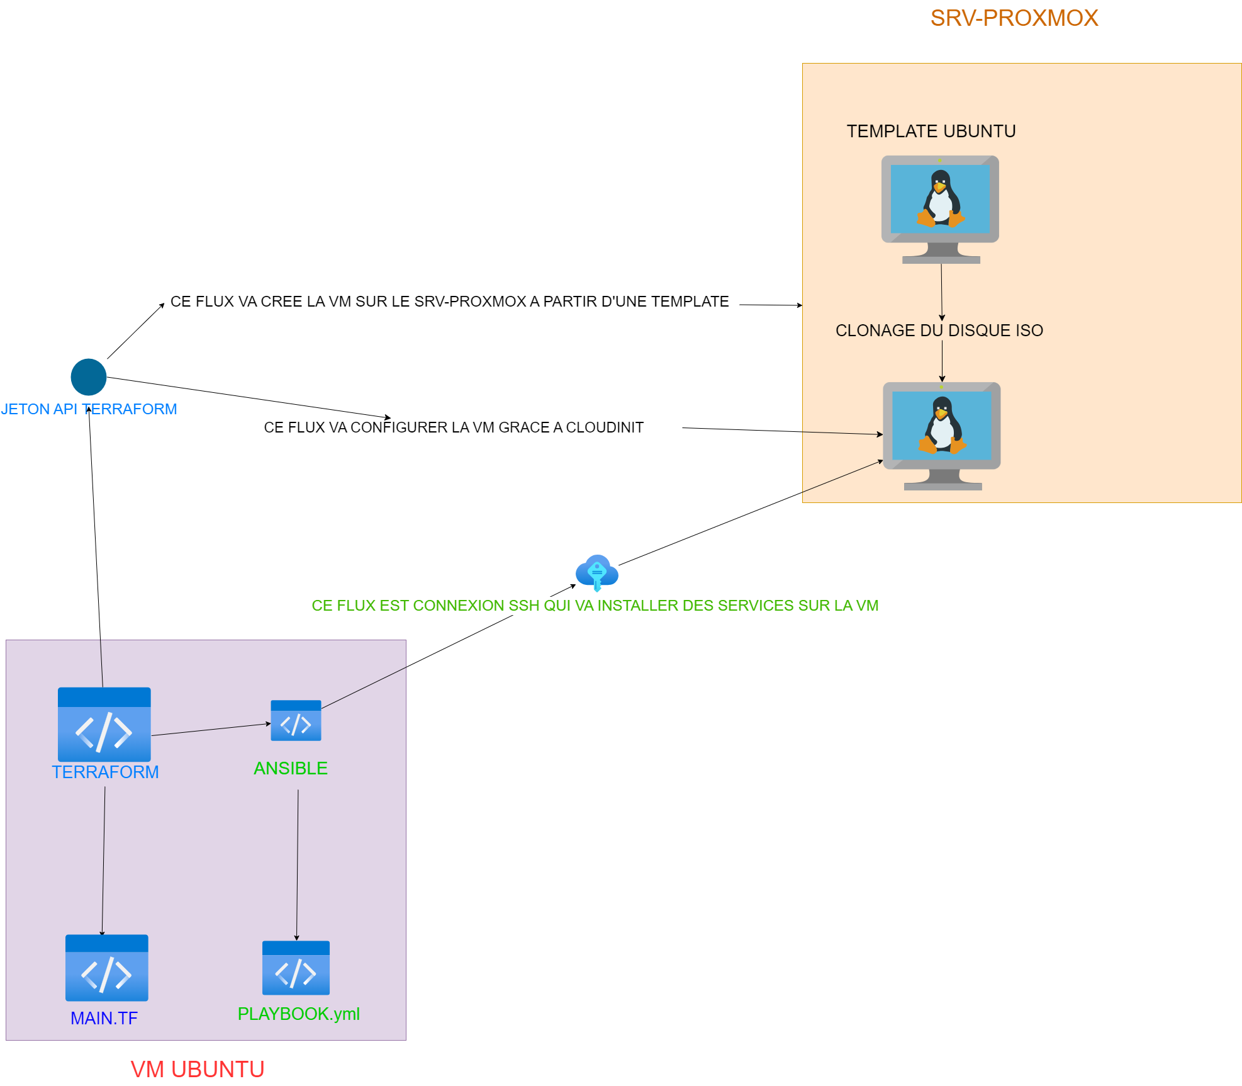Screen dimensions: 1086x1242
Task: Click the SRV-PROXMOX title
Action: click(1014, 18)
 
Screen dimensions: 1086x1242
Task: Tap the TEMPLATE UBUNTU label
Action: click(931, 131)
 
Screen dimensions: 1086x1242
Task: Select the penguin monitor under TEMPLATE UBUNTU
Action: click(940, 208)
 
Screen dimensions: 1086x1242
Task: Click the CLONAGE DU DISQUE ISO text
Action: click(939, 331)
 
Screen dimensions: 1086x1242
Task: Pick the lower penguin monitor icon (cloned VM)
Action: click(941, 435)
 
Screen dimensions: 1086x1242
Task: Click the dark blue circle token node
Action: click(89, 376)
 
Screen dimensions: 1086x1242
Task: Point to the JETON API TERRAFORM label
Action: click(89, 409)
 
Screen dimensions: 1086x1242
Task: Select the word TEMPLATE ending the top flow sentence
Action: click(690, 302)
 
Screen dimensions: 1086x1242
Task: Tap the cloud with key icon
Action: click(596, 572)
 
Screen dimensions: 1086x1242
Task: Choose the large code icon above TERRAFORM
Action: click(104, 724)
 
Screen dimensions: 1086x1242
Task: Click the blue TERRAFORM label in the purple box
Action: click(105, 772)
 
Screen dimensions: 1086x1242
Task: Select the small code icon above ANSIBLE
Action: click(296, 720)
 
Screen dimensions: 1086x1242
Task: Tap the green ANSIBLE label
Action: click(290, 768)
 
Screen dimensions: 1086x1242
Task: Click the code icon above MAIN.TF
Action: click(107, 967)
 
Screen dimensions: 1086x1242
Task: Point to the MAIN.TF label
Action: click(104, 1018)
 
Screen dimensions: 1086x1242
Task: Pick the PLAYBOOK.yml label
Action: click(298, 1014)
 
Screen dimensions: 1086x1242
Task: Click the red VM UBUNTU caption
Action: click(197, 1069)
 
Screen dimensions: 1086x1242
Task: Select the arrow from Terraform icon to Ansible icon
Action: click(211, 730)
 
